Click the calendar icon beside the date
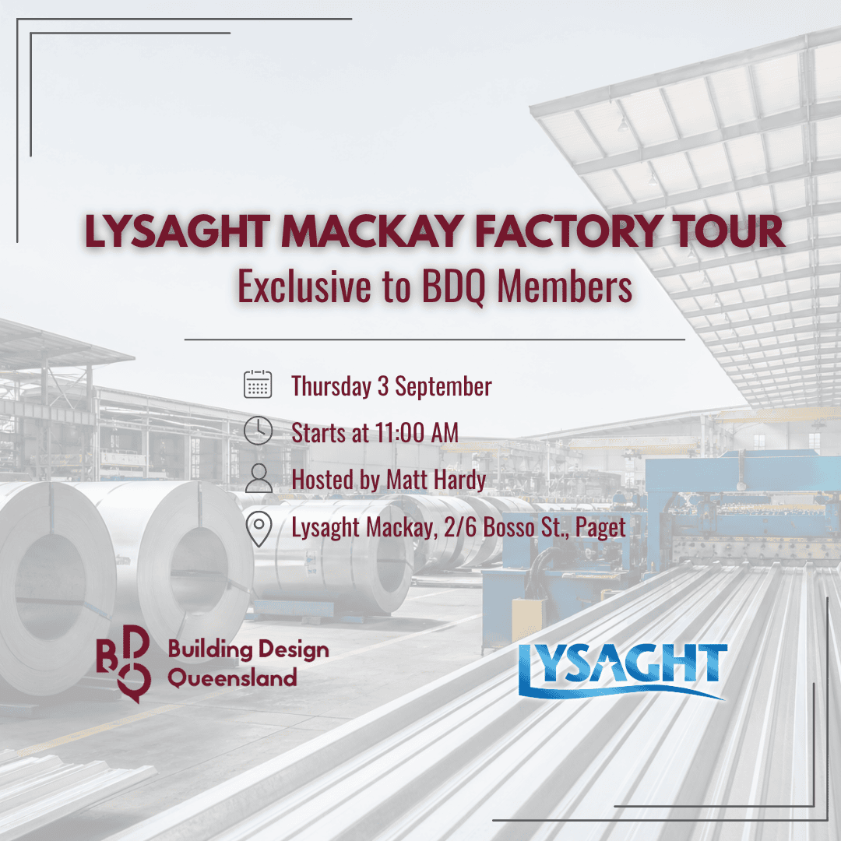coord(258,384)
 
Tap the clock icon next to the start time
coord(258,431)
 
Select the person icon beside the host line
coord(259,478)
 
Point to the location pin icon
coord(259,529)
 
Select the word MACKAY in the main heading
coord(372,231)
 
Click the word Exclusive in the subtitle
coord(304,286)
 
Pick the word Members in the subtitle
coord(565,286)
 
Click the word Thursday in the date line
coord(331,386)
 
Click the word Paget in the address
coord(600,528)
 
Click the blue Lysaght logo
coord(623,670)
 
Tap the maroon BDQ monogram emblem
coord(124,663)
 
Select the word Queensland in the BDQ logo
coord(232,678)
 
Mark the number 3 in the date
coord(383,386)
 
